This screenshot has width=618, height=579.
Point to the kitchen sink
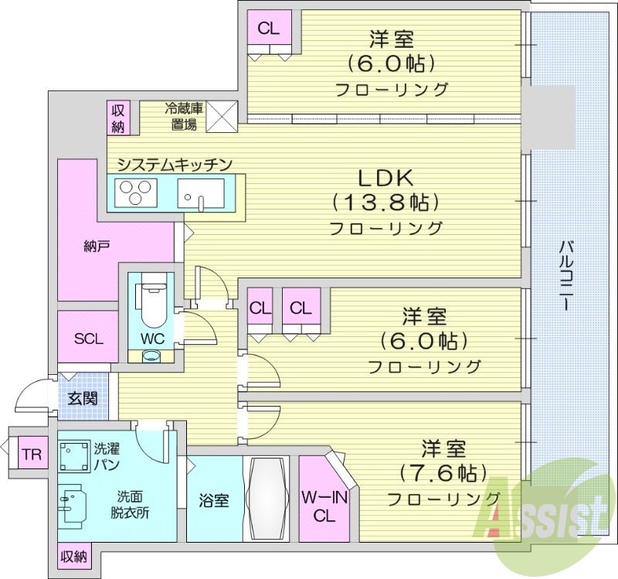(200, 192)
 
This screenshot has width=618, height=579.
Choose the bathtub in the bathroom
(266, 499)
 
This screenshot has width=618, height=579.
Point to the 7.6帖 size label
(443, 472)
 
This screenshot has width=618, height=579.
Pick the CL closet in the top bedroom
(269, 29)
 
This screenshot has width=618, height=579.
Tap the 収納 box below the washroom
(75, 556)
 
